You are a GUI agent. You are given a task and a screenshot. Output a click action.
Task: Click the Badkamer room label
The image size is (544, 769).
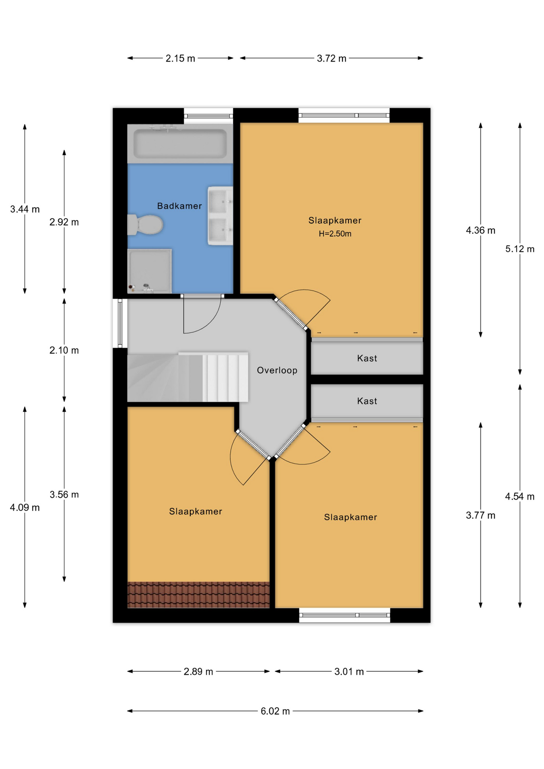point(179,206)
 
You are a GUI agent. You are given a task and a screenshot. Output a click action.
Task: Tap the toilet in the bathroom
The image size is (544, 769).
point(145,225)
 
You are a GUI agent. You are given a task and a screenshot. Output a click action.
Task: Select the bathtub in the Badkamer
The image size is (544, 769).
point(180,143)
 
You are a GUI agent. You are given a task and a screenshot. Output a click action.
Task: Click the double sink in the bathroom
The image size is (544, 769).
point(220,216)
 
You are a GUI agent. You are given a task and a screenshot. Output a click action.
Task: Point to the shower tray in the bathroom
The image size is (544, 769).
point(149,271)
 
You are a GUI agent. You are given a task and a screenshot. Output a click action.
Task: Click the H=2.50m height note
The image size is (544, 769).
point(335,234)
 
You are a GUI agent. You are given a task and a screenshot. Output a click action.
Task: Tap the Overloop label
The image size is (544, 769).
point(277,370)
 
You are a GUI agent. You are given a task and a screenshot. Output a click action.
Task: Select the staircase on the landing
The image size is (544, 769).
point(187,377)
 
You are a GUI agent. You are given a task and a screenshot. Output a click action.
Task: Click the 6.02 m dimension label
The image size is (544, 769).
point(275,711)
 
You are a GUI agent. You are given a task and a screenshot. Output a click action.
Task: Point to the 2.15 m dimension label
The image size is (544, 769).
point(180,58)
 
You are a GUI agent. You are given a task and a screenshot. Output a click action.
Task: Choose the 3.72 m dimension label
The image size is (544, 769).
point(331,58)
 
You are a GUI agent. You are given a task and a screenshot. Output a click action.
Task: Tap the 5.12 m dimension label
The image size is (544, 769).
point(520,249)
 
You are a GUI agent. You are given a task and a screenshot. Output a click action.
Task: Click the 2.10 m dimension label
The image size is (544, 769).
point(64,350)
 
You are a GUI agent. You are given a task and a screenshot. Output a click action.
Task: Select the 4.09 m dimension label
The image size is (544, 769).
point(25,508)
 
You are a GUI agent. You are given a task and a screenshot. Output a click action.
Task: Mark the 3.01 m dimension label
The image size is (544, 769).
point(349,672)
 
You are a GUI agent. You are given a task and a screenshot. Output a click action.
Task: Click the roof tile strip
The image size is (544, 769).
point(198,595)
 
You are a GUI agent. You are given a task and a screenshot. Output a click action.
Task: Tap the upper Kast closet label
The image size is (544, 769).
point(367,358)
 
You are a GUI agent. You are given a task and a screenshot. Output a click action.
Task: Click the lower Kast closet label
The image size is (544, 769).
point(367,401)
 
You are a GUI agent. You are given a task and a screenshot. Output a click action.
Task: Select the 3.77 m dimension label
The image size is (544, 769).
point(480,515)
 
